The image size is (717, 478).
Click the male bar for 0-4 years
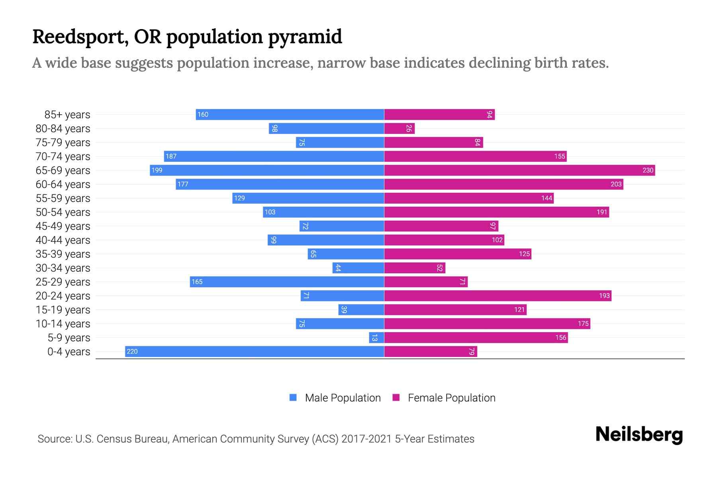[255, 351]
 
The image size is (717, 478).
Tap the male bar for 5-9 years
[376, 337]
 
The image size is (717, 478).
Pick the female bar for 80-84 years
[399, 128]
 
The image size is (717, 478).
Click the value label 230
[648, 170]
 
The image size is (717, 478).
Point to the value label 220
[132, 351]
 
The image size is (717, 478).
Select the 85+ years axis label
[67, 115]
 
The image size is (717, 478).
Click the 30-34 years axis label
[63, 268]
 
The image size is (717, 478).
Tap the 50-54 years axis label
[63, 212]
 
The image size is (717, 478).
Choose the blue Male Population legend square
[293, 398]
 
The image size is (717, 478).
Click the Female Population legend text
[451, 398]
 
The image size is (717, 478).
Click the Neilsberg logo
[639, 434]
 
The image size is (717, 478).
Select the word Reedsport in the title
[80, 37]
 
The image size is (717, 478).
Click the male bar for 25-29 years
[287, 282]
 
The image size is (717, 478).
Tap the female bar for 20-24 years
[498, 296]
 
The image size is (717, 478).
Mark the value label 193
[604, 296]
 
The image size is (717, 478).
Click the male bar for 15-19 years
[361, 310]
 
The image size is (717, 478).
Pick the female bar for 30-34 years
[414, 268]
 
